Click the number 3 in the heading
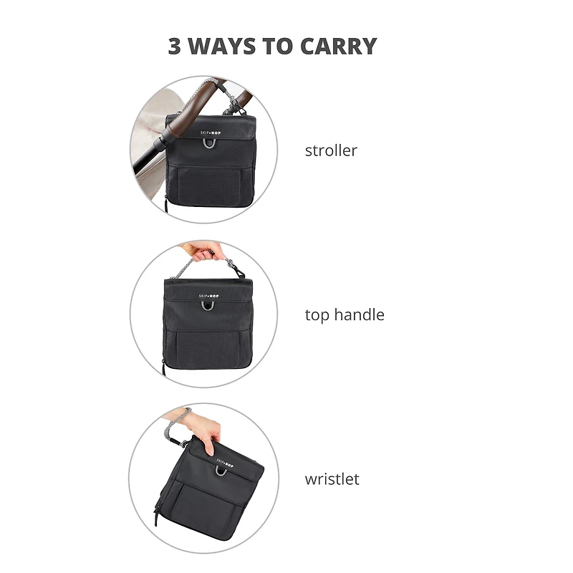click(174, 46)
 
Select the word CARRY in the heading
click(338, 46)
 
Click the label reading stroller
click(331, 150)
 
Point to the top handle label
click(345, 315)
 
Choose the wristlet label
click(332, 478)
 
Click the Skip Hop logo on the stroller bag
click(210, 133)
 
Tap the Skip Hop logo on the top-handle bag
click(208, 296)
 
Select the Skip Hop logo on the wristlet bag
click(225, 463)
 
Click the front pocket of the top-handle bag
click(208, 349)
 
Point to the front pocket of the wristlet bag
click(203, 509)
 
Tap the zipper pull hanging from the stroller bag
click(165, 205)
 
